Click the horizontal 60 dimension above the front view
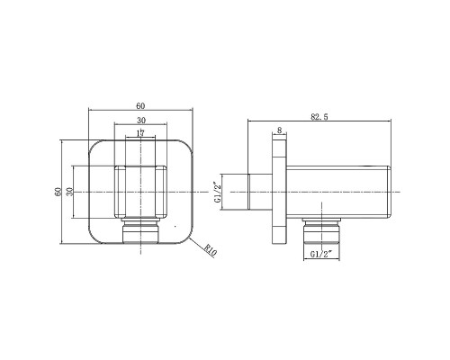(x=140, y=106)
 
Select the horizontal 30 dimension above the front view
(x=141, y=121)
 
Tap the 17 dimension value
(x=140, y=133)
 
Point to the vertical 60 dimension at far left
(x=58, y=192)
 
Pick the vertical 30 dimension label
(x=69, y=192)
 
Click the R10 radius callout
(x=211, y=251)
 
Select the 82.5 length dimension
(x=319, y=117)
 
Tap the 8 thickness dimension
(x=279, y=130)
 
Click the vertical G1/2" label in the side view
(x=218, y=192)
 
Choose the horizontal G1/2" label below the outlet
(x=321, y=254)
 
